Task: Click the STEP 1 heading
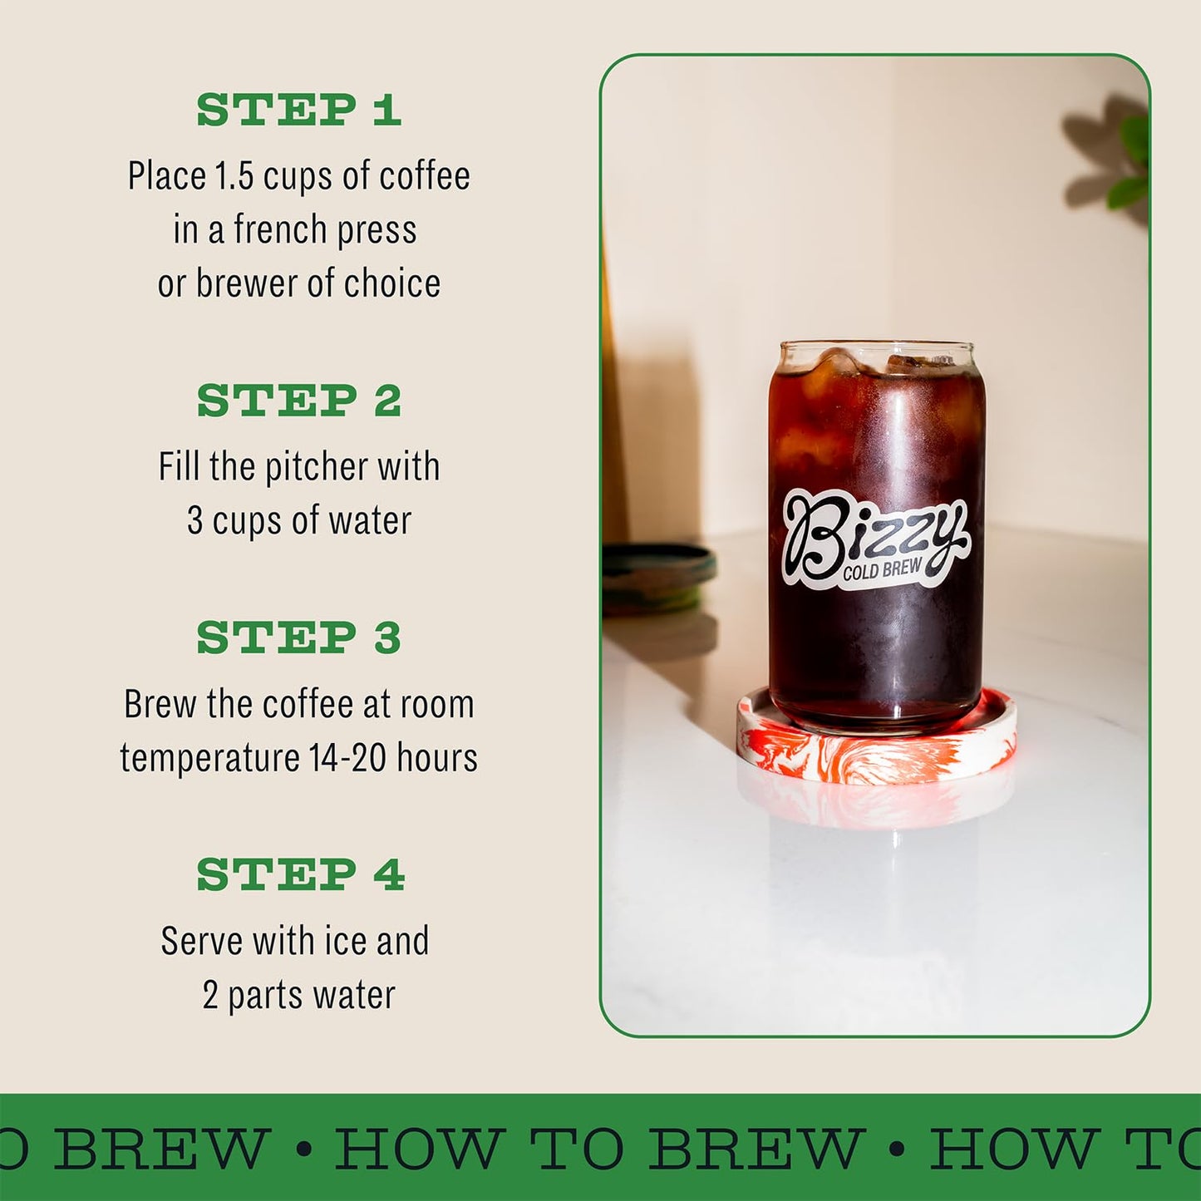click(x=298, y=111)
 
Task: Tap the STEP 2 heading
click(x=298, y=401)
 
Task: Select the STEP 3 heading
click(x=298, y=638)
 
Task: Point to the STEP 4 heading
click(x=300, y=875)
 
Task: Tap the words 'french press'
click(x=325, y=230)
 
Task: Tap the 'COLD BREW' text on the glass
click(x=882, y=569)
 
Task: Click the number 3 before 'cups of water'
click(x=194, y=521)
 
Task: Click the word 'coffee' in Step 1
click(x=425, y=176)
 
